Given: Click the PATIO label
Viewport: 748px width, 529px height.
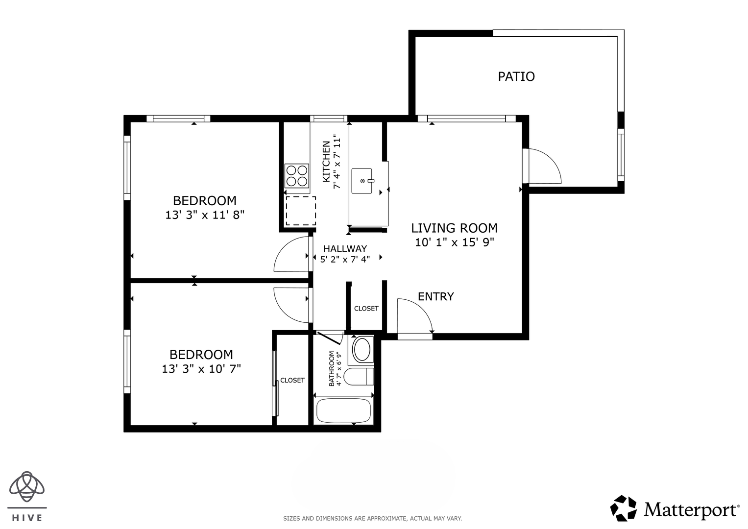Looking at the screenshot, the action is point(516,76).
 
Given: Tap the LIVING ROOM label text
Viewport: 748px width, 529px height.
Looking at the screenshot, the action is point(454,228).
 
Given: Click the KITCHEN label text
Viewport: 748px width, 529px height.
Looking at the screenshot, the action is point(326,162).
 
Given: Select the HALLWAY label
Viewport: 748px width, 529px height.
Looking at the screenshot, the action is point(345,248).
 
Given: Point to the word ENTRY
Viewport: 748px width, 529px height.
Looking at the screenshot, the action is point(436,296).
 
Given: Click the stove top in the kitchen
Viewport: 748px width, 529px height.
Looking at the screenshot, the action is point(297,176).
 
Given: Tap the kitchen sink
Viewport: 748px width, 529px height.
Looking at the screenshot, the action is point(362,181).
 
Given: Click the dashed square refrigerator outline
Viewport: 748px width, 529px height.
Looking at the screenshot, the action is point(301,211).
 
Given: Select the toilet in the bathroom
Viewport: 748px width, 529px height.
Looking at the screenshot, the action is point(359,376).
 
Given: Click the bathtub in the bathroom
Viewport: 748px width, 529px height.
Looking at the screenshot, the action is point(343,410).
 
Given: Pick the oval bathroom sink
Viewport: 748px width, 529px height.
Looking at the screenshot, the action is point(362,350).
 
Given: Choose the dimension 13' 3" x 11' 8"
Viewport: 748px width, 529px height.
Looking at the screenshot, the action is point(205,215).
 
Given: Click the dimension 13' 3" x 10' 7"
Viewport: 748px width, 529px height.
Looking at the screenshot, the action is point(201,369).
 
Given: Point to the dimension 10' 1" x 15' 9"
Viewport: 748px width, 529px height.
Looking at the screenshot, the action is point(454,242).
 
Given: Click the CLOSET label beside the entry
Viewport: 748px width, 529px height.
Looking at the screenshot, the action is point(366,308).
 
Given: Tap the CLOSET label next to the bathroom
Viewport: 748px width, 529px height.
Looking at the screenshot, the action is point(292,380).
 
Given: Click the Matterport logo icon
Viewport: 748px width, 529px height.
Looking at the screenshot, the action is point(623,508).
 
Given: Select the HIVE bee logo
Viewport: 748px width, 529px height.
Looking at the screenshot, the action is point(27,486).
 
